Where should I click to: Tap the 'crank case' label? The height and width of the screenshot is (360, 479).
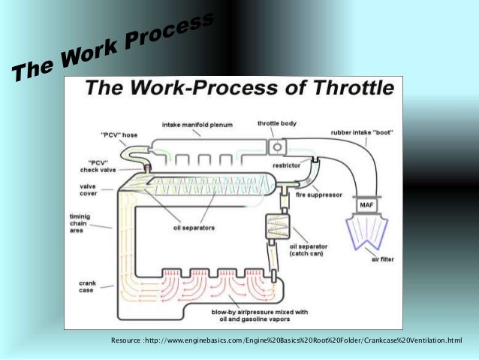pyautogui.click(x=88, y=287)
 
